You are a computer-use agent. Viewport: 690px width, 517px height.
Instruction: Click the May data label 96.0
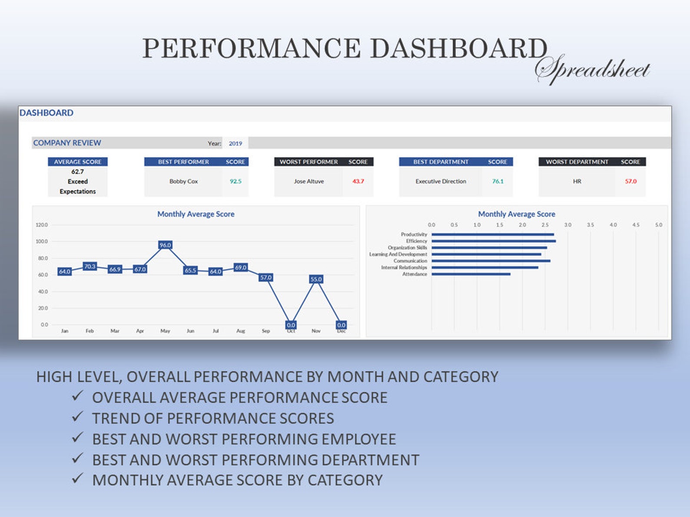coord(165,245)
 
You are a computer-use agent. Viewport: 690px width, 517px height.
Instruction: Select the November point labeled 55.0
coord(316,279)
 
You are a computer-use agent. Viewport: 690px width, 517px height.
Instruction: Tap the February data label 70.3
coord(90,266)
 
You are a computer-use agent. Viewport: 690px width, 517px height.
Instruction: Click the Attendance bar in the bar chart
coord(471,274)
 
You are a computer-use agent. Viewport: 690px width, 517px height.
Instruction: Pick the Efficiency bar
coord(493,241)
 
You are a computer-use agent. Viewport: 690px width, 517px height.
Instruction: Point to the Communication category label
coord(410,261)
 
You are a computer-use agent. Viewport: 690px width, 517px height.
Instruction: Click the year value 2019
coord(236,143)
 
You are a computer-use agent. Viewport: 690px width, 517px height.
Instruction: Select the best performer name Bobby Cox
coord(183,181)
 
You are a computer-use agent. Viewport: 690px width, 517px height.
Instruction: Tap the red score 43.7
coord(358,181)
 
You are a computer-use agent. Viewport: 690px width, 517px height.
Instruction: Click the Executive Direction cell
coord(441,181)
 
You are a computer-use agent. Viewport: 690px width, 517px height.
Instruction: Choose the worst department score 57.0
coord(630,181)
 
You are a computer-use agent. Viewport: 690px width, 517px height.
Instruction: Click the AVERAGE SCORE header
coord(78,161)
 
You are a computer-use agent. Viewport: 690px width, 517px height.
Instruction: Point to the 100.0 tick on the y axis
coord(42,241)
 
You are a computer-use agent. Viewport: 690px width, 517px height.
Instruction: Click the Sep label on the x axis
coord(265,331)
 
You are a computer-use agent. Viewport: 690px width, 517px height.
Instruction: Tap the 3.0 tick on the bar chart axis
coord(567,225)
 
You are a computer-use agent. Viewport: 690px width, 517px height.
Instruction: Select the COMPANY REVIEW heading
coord(67,143)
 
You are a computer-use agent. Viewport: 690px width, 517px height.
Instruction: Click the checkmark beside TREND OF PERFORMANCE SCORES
coord(78,417)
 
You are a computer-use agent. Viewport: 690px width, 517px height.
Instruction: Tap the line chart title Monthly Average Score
coord(196,214)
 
